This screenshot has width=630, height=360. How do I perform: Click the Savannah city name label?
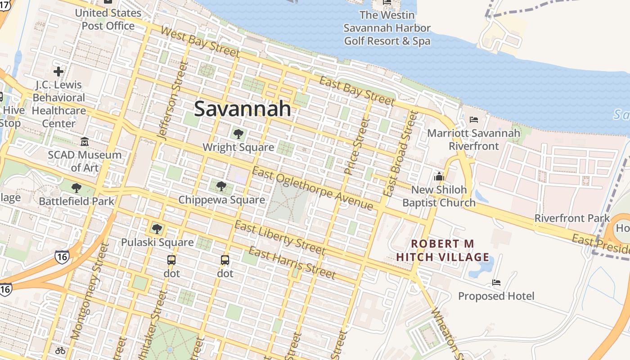click(243, 109)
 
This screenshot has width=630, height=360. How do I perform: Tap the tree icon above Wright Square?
click(238, 134)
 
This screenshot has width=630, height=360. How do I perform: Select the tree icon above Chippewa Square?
click(221, 186)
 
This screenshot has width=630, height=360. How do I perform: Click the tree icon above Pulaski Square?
click(157, 229)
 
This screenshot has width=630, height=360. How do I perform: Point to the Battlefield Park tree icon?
click(76, 188)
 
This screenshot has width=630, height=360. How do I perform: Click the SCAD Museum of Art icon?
click(85, 142)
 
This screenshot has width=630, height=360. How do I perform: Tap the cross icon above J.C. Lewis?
click(58, 72)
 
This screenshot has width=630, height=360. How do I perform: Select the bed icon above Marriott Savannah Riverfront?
click(474, 120)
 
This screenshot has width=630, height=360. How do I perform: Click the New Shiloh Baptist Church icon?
click(439, 176)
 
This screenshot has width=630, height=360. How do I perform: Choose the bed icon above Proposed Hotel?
click(496, 283)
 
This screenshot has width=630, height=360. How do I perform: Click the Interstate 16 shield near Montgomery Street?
click(62, 256)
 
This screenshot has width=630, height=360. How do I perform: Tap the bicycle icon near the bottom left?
click(60, 350)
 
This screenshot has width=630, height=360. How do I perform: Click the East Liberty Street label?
click(279, 238)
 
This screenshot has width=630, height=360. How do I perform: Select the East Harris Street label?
click(292, 263)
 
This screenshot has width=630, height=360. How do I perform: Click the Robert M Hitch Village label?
click(443, 251)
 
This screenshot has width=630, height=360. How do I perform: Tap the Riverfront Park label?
click(572, 218)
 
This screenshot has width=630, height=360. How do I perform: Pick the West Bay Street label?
click(200, 42)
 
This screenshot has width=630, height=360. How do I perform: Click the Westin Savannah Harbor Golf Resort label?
click(387, 28)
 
